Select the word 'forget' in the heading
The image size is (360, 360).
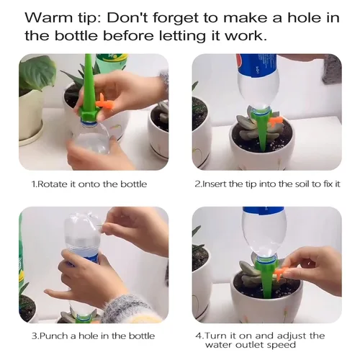(x=197, y=17)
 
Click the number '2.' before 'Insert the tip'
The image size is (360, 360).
(x=198, y=184)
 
